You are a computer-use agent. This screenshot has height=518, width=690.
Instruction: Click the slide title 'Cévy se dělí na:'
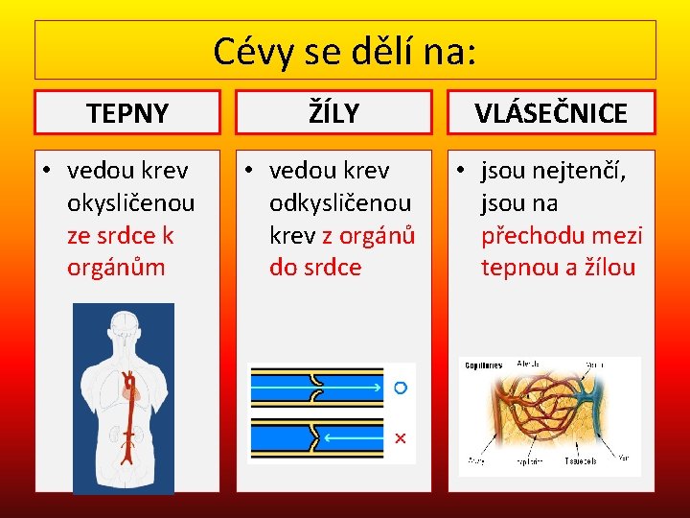[344, 51]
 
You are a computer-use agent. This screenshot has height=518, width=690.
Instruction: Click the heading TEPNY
[127, 113]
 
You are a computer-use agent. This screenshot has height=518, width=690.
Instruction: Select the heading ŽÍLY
[334, 113]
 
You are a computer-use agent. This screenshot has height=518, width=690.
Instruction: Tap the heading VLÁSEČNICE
[551, 113]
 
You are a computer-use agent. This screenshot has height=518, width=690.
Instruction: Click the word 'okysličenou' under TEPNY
[131, 203]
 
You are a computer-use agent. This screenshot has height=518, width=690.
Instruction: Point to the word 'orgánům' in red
[116, 267]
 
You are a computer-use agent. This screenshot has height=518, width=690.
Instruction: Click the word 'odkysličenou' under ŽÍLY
[339, 203]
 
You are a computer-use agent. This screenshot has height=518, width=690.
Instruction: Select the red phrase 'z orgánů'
[368, 235]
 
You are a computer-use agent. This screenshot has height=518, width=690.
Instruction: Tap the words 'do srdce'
[315, 267]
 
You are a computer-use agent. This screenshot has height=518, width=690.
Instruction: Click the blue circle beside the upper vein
[401, 388]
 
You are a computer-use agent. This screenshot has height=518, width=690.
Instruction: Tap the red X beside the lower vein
[401, 438]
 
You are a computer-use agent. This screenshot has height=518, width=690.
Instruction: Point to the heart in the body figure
[133, 388]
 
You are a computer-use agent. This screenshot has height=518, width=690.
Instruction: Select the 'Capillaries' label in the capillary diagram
[484, 365]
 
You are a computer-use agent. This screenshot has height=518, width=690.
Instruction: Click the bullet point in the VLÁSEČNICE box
[460, 172]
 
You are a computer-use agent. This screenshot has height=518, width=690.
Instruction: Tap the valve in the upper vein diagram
[316, 388]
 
